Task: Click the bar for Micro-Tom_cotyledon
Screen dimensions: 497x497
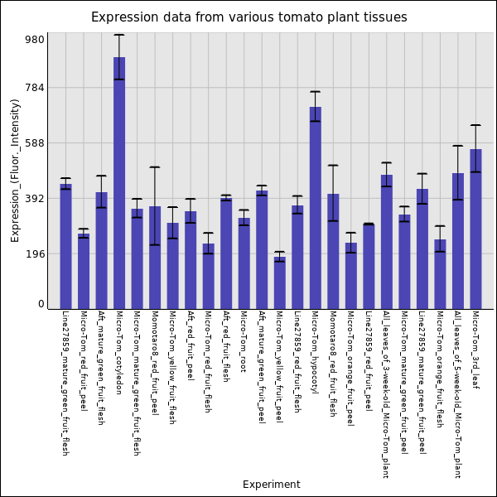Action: (119, 182)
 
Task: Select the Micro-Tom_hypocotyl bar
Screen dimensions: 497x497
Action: (316, 207)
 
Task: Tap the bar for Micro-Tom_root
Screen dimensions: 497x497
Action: (244, 263)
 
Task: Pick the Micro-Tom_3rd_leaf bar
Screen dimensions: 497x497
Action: (475, 229)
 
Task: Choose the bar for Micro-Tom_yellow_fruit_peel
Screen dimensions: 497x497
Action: (280, 282)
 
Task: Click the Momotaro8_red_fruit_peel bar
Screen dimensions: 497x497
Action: (155, 257)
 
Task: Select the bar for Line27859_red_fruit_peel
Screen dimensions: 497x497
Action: (369, 266)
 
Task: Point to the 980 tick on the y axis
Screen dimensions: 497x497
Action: (34, 39)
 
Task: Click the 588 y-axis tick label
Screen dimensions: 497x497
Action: (34, 143)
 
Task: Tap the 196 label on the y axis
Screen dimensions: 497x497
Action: (34, 254)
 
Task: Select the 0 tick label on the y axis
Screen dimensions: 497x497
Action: (41, 304)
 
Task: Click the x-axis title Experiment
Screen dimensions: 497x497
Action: (271, 485)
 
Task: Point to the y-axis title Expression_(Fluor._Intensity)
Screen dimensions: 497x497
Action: (15, 170)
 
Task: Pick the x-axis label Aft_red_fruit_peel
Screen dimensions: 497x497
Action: (191, 345)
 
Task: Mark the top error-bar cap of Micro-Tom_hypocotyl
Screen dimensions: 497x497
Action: (316, 92)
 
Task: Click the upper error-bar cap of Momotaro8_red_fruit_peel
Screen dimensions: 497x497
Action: (155, 167)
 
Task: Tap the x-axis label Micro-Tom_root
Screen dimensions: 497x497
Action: (244, 340)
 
